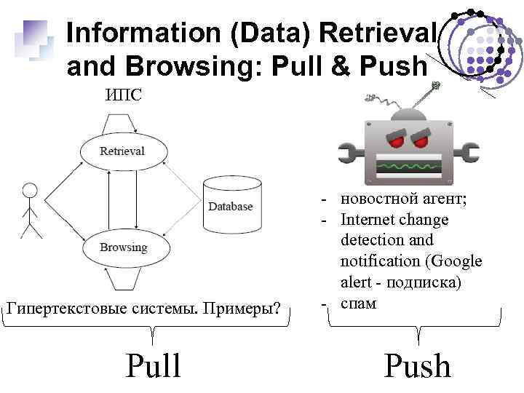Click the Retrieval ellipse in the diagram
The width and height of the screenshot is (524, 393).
(x=122, y=151)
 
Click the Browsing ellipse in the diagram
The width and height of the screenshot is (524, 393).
(x=123, y=247)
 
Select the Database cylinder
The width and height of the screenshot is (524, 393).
(x=230, y=206)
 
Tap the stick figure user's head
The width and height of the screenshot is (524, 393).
(x=30, y=191)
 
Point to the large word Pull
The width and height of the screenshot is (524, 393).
(x=154, y=365)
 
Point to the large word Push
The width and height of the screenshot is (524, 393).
(x=417, y=365)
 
